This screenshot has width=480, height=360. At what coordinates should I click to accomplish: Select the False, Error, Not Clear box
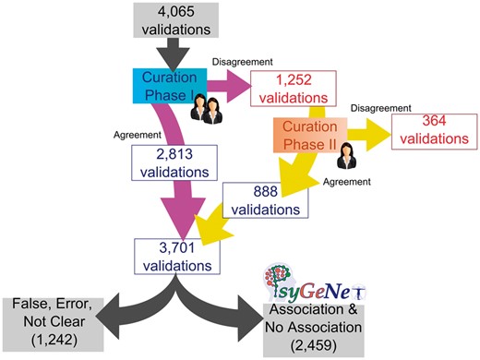[x=47, y=322]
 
